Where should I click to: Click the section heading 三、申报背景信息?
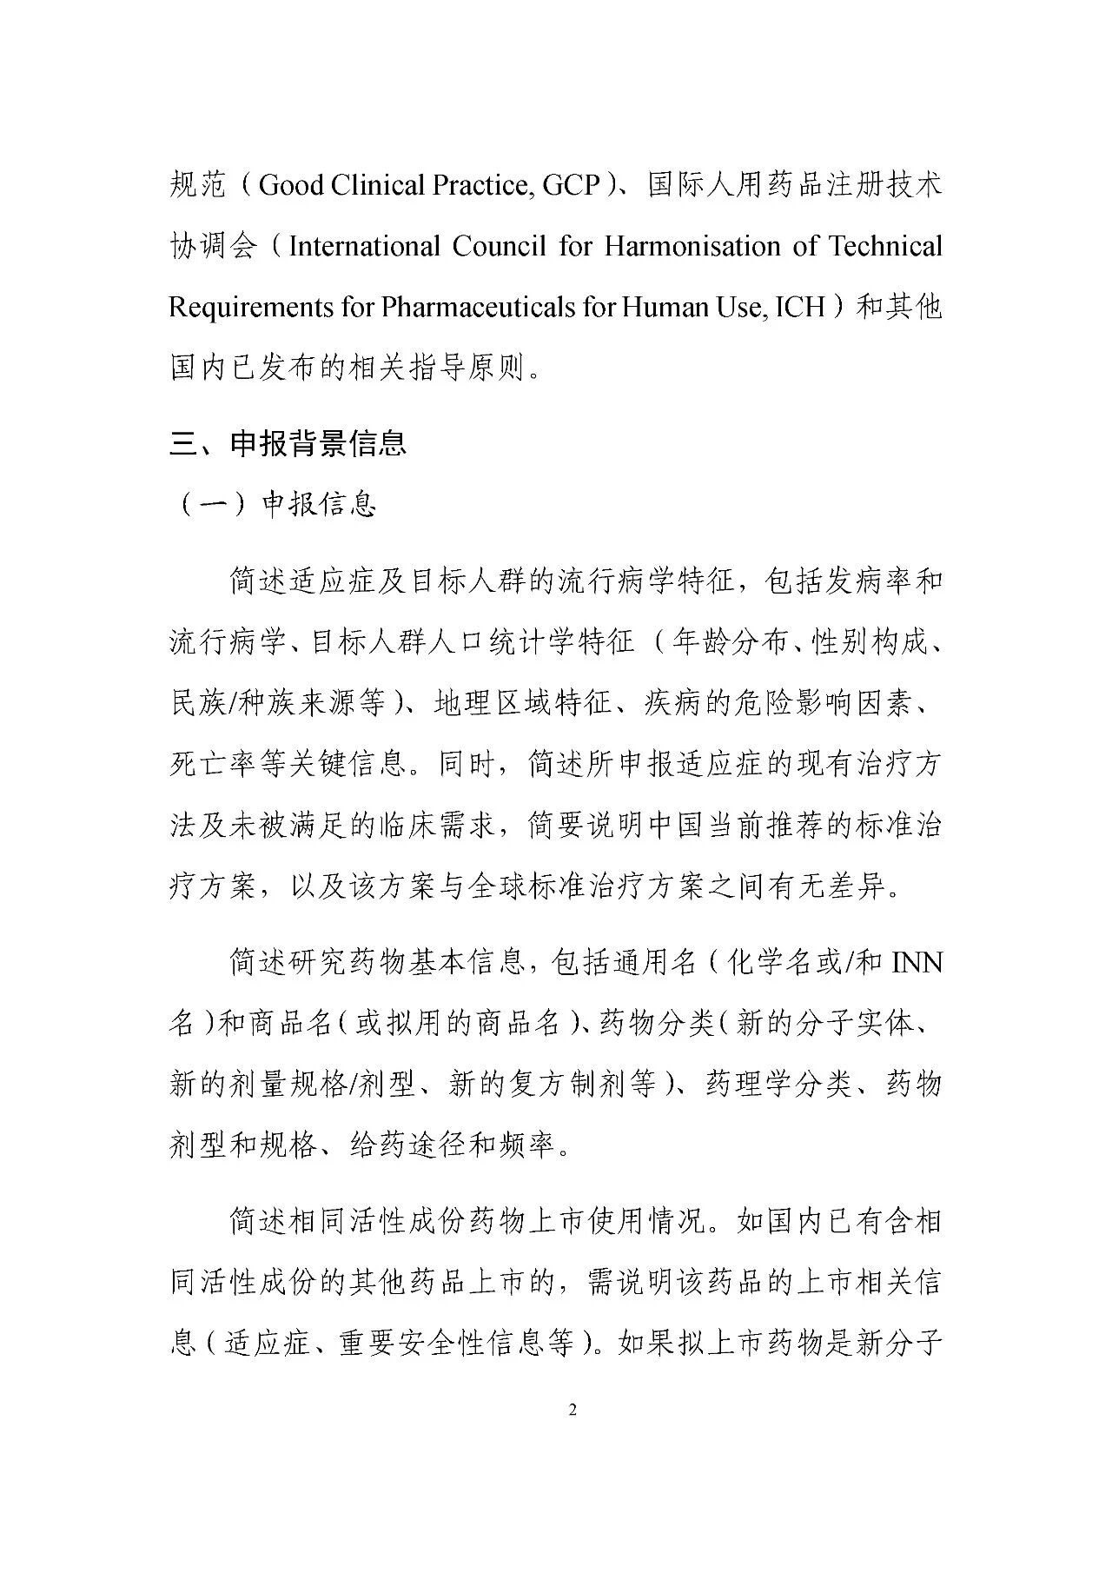288,444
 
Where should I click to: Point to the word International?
364,247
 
